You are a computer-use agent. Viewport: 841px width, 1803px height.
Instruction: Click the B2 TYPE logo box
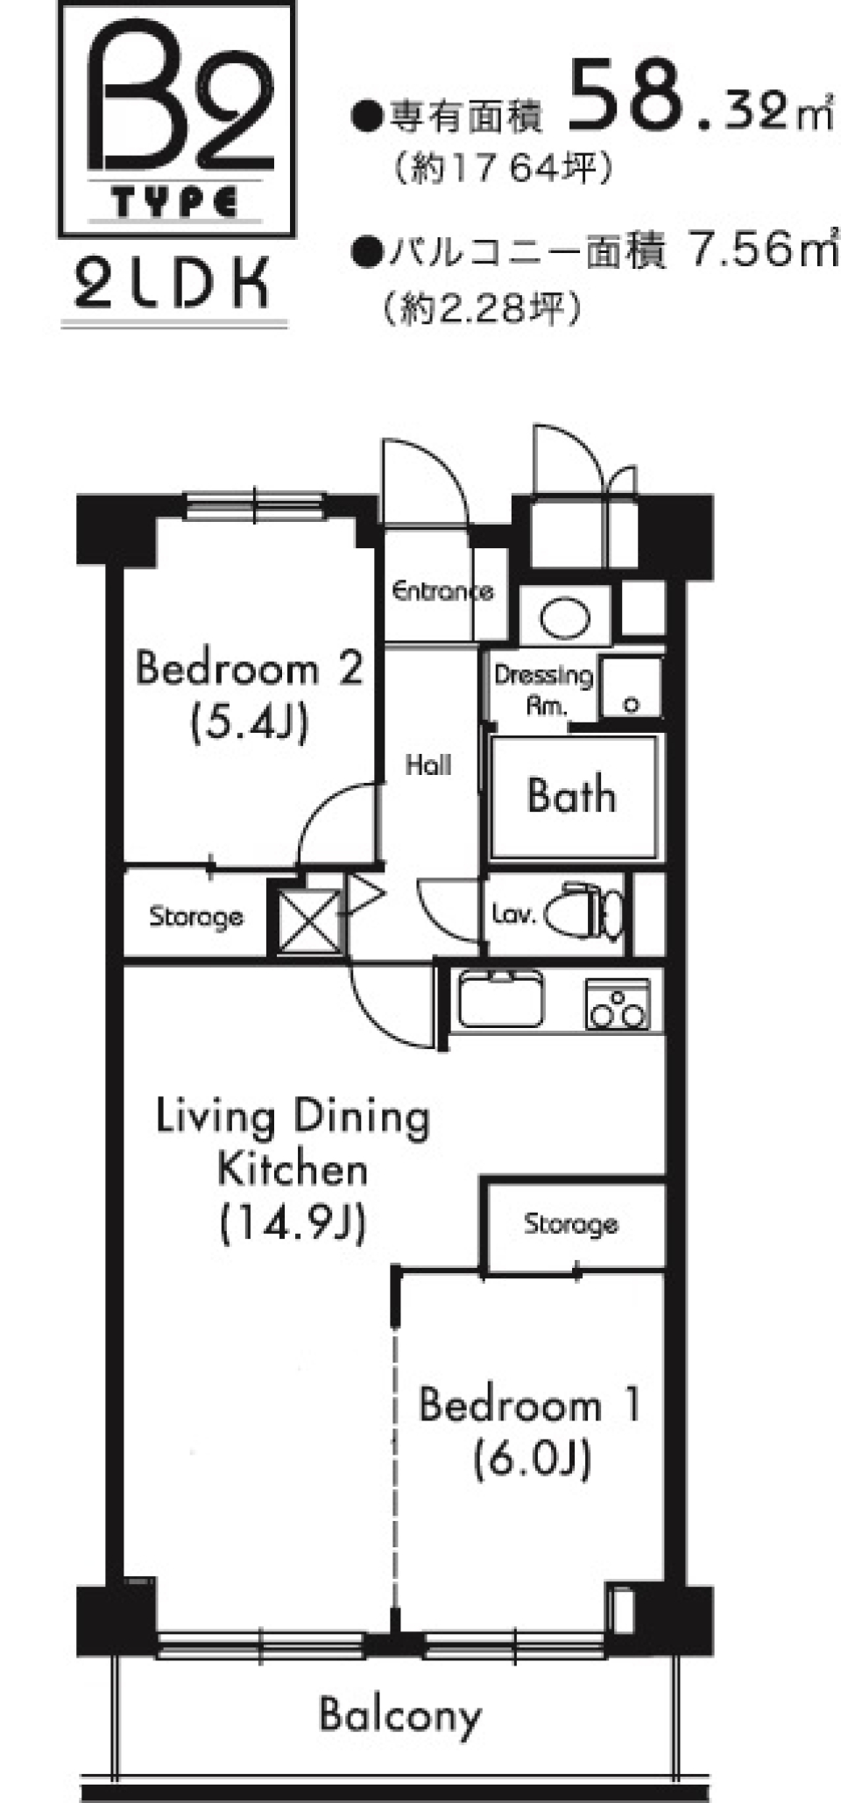pyautogui.click(x=175, y=119)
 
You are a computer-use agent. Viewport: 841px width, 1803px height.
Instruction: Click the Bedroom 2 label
pyautogui.click(x=250, y=670)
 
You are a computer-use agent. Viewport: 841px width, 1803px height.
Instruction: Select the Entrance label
pyautogui.click(x=442, y=591)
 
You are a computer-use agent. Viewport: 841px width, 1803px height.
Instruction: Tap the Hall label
pyautogui.click(x=428, y=765)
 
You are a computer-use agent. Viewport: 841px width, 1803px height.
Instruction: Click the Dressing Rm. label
pyautogui.click(x=544, y=689)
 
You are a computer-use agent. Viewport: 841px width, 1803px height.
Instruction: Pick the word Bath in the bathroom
pyautogui.click(x=571, y=796)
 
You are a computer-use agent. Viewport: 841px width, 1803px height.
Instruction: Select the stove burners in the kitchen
pyautogui.click(x=618, y=1004)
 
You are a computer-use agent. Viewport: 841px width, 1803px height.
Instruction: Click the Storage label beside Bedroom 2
pyautogui.click(x=196, y=917)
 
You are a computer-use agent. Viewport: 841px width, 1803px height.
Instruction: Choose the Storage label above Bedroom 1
pyautogui.click(x=571, y=1223)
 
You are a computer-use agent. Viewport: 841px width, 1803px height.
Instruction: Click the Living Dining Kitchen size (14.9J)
pyautogui.click(x=293, y=1224)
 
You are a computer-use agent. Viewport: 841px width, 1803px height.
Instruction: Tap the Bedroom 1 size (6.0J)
pyautogui.click(x=532, y=1460)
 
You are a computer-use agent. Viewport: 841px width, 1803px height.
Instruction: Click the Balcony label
pyautogui.click(x=400, y=1715)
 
